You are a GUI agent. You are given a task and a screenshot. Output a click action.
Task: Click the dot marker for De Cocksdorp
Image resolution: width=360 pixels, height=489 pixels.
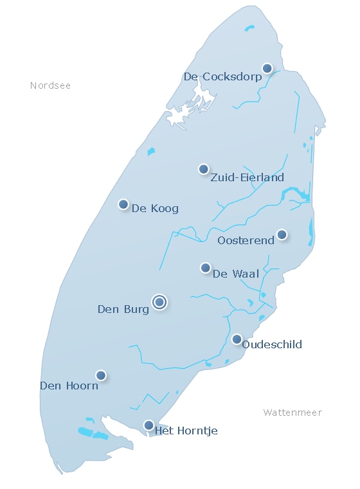[x=267, y=68]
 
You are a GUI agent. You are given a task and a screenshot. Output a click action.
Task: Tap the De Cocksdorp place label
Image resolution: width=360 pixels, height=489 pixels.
[x=222, y=77]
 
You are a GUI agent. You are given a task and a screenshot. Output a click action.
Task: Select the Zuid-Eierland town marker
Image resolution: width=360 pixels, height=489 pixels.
[x=204, y=169]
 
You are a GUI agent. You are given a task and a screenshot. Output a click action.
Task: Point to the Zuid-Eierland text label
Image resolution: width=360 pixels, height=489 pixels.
[x=247, y=178]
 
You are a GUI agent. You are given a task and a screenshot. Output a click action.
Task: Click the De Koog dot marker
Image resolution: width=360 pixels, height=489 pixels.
[x=123, y=204]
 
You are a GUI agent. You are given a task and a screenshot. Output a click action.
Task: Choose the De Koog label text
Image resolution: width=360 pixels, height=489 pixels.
[x=155, y=208]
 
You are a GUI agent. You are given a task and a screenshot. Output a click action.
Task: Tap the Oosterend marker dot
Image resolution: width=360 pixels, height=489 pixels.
[x=282, y=235]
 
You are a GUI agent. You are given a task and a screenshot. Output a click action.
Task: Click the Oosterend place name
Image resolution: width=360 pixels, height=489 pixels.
[x=246, y=241]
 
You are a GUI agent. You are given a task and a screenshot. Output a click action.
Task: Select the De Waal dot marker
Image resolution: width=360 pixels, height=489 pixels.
[x=206, y=267]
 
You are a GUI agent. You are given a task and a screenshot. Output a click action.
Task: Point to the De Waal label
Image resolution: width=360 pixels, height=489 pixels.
[x=236, y=274]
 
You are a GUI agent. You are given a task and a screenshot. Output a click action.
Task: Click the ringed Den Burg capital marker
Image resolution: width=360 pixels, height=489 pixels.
[x=159, y=302]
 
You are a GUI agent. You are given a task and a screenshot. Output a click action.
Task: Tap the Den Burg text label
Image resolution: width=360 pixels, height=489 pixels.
[x=123, y=310]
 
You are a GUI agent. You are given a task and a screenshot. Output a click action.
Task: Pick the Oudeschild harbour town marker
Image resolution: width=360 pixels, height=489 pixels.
[x=237, y=339]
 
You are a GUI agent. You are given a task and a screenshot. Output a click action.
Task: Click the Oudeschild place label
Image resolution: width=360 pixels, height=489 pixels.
[x=272, y=345]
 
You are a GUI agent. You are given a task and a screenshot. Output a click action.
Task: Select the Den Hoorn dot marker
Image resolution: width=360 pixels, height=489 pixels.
[x=101, y=375]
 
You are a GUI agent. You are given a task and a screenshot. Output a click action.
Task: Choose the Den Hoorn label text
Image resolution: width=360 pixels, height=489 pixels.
[x=69, y=386]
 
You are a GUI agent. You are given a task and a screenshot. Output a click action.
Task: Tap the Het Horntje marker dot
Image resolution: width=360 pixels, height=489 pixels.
[x=148, y=425]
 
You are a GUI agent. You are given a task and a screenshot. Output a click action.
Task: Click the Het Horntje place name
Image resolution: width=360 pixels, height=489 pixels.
[x=186, y=431]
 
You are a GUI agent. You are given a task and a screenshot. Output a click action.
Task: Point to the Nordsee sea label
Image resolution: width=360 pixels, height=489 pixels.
[x=50, y=85]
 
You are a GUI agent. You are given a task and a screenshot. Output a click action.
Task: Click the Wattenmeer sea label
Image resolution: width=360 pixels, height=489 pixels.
[x=292, y=413]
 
